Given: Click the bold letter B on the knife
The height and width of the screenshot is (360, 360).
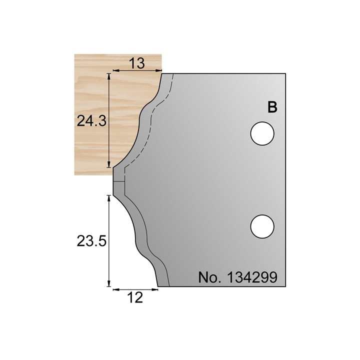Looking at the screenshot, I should point(272,108).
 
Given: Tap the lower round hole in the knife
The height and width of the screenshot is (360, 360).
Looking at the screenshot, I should point(262,226).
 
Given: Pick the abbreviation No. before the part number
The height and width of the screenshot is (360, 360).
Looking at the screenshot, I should point(210,277).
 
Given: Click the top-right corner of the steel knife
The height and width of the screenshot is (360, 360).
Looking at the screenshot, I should point(285,73).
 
